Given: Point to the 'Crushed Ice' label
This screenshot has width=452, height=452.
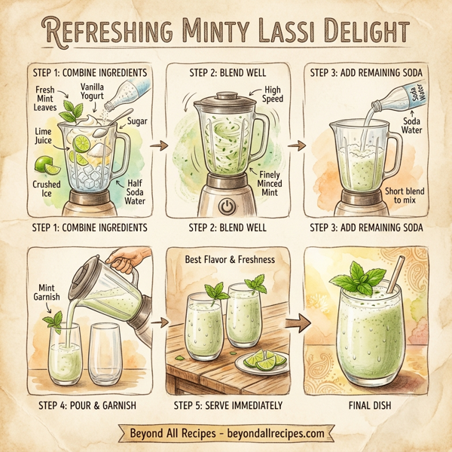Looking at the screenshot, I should pyautogui.click(x=47, y=188).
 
